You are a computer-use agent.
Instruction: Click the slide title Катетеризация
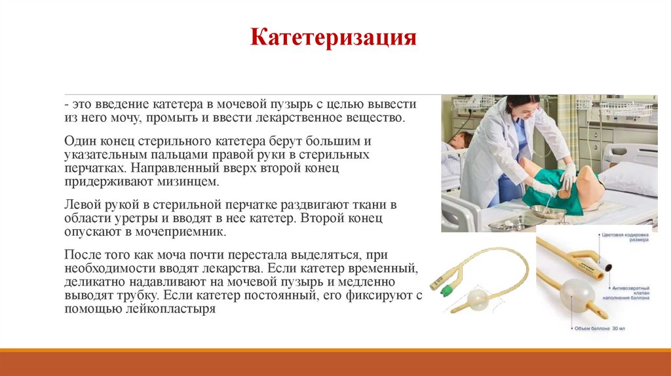334,37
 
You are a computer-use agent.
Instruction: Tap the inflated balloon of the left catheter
477,301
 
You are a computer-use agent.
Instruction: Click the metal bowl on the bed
548,212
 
